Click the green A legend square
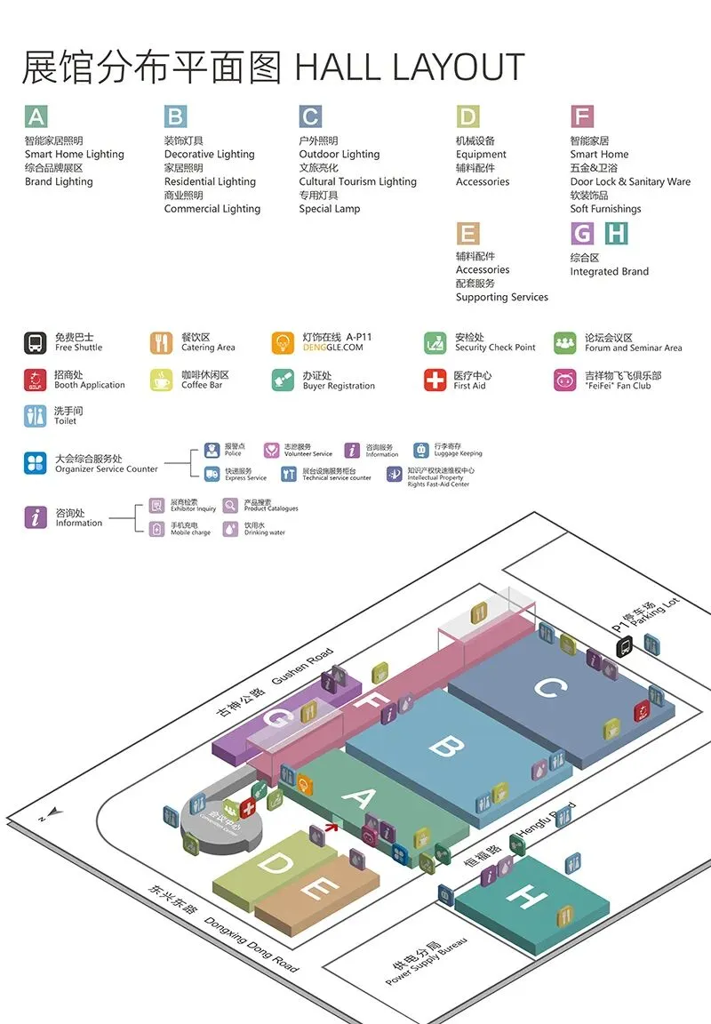click(36, 116)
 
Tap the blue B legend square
click(175, 116)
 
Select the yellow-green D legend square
click(467, 116)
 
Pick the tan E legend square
click(467, 233)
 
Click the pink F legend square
click(582, 116)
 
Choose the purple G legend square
click(582, 233)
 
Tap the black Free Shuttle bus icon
click(36, 342)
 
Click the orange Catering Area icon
click(161, 342)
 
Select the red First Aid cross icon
click(435, 380)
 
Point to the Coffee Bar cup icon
click(161, 380)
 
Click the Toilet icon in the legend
click(36, 415)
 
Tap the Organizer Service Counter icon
click(36, 463)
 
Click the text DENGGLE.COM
click(332, 348)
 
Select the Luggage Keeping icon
click(421, 450)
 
